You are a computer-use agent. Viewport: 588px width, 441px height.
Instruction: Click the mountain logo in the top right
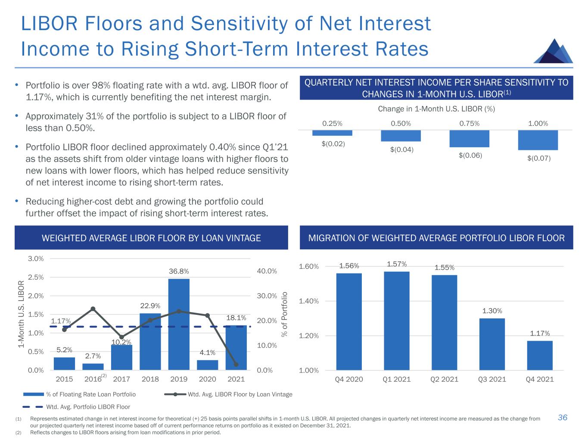[554, 52]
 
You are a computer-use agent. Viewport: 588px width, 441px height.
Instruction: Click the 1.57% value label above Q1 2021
[397, 264]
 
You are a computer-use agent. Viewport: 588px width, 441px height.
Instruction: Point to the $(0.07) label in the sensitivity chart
[539, 158]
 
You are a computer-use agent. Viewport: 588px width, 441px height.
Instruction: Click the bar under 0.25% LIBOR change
[332, 133]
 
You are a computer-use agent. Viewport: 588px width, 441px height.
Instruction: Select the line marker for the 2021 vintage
[236, 364]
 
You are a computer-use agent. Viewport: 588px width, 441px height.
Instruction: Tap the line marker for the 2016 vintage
[93, 309]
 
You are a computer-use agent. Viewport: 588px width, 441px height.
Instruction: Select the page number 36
[563, 417]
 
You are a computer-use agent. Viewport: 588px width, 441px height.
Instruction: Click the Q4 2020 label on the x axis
[349, 379]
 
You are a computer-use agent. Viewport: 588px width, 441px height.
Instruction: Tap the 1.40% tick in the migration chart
[308, 301]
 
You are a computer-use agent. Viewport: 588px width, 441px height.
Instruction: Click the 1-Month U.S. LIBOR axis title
[21, 314]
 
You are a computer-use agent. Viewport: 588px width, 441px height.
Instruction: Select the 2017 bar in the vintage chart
[121, 357]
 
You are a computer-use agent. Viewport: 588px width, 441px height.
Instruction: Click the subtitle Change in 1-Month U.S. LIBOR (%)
[436, 109]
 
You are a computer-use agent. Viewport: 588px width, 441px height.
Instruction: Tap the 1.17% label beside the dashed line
[61, 321]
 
